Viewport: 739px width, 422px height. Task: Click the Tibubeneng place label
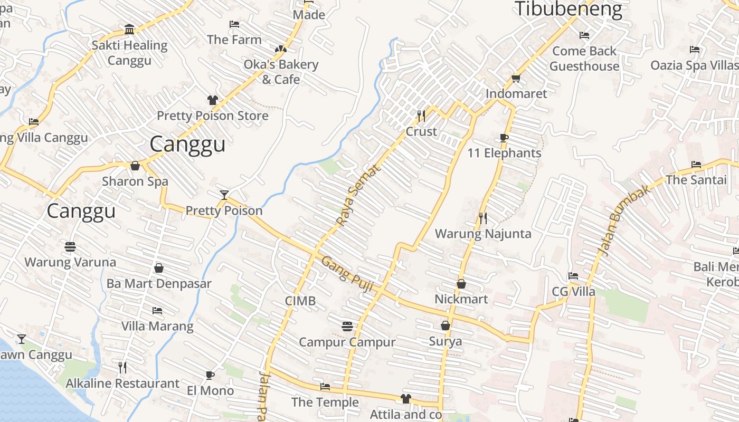coord(568,9)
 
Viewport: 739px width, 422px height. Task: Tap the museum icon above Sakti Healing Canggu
coord(129,29)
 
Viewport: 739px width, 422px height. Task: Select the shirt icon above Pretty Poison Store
coord(212,100)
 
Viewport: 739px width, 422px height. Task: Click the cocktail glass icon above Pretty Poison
coord(224,195)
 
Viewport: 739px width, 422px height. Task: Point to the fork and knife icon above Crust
coord(421,116)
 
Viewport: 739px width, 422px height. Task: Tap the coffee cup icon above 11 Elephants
coord(504,138)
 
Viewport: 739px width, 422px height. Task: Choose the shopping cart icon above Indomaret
coord(516,79)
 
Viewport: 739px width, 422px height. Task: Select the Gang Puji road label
coord(347,274)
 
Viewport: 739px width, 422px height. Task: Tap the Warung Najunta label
coord(483,234)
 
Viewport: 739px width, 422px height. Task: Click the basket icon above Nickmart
coord(461,284)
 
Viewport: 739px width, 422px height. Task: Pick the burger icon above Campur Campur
coord(347,327)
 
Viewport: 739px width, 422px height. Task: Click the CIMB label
coord(300,301)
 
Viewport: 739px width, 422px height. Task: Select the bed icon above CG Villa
coord(573,276)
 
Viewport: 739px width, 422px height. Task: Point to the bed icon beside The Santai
coord(696,165)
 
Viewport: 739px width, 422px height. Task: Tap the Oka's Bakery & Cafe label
coord(281,72)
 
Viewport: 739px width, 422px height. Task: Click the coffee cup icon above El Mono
coord(210,375)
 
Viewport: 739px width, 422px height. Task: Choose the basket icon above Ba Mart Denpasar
coord(159,268)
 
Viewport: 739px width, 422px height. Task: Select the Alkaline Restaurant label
coord(122,383)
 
